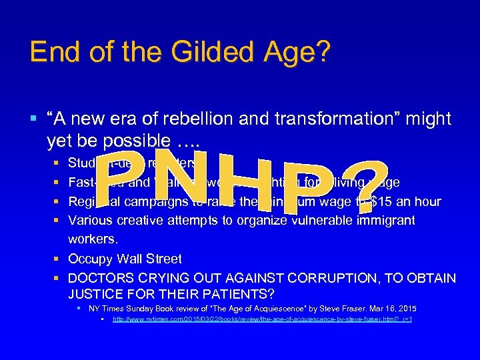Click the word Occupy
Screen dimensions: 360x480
pos(93,259)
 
